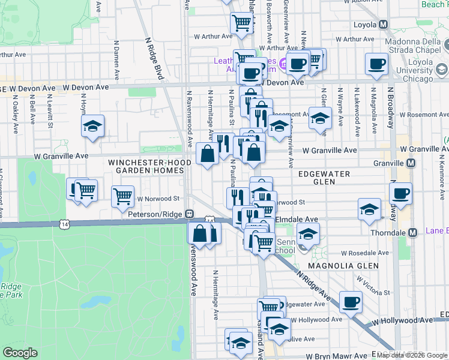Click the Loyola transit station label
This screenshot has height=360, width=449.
pos(363,25)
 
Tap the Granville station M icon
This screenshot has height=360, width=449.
pos(411,163)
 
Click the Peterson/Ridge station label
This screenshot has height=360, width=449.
pos(155,214)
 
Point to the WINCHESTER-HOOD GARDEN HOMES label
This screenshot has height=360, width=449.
pos(146,166)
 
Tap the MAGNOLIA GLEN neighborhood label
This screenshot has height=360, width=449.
pos(342,265)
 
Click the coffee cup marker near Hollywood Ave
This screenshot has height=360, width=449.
pos(351,302)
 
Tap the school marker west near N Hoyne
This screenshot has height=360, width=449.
pos(92,127)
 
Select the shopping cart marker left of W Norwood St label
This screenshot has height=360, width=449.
pos(122,196)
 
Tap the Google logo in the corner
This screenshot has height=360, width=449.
pos(20,353)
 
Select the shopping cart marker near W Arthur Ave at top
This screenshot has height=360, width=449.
pos(241,23)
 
